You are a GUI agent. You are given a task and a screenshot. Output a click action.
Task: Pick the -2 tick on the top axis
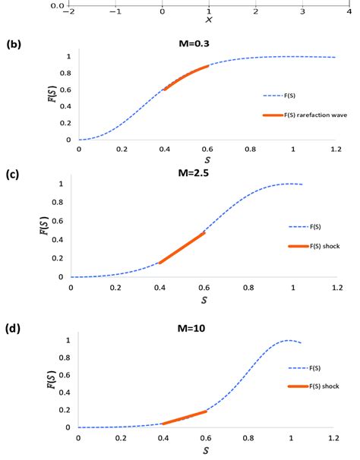[68, 13]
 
